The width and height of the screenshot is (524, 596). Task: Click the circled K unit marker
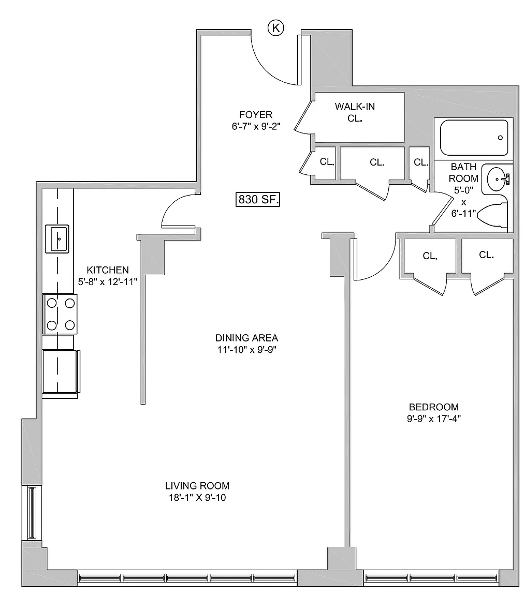pos(276,28)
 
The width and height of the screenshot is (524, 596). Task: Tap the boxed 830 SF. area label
pos(258,199)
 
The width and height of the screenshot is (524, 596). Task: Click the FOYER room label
pos(256,114)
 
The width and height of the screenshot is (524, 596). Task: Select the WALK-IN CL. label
pos(355,112)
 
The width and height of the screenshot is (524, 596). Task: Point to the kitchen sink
pos(57,239)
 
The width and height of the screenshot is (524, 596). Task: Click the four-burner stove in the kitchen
pos(60,314)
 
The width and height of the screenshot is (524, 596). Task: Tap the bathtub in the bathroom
pos(474,137)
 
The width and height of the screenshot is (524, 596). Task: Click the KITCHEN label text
pos(108,270)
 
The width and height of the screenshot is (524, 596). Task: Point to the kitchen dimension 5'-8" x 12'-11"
pos(107,281)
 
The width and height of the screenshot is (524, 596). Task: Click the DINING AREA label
pos(246,337)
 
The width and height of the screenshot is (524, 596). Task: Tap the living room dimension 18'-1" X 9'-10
pos(197,497)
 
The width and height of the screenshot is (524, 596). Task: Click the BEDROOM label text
pos(434,407)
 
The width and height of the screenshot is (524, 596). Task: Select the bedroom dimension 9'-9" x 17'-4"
pos(434,419)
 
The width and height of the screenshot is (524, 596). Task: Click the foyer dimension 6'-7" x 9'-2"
pos(256,126)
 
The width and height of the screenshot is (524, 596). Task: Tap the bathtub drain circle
pos(500,138)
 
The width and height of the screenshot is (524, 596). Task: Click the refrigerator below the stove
pos(61,372)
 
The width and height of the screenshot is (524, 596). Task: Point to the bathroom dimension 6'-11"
pos(463,213)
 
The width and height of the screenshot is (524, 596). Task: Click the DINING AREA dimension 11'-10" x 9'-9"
pos(246,349)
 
